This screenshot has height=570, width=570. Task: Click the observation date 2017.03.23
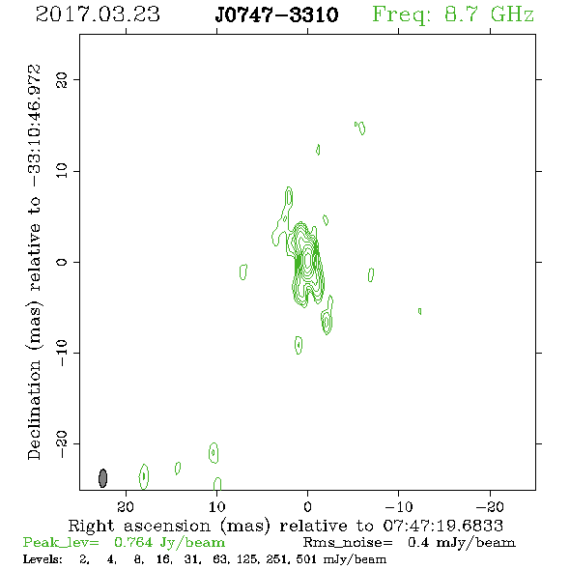pyautogui.click(x=98, y=14)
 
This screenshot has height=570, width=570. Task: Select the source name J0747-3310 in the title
pyautogui.click(x=276, y=14)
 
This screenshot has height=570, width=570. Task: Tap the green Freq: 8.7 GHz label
pyautogui.click(x=453, y=14)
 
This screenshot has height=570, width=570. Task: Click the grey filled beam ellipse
pyautogui.click(x=102, y=478)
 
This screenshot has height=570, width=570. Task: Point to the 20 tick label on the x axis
pyautogui.click(x=126, y=506)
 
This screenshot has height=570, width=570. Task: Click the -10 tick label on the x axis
pyautogui.click(x=398, y=506)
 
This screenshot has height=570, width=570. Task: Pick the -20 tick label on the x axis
pyautogui.click(x=490, y=506)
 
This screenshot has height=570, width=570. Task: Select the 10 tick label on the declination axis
pyautogui.click(x=62, y=171)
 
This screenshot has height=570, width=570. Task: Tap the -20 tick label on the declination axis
pyautogui.click(x=62, y=444)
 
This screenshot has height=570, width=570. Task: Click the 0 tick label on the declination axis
pyautogui.click(x=62, y=262)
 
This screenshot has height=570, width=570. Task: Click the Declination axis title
pyautogui.click(x=35, y=262)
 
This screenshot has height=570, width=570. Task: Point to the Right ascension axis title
pyautogui.click(x=286, y=526)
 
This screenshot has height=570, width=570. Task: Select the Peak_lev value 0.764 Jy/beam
pyautogui.click(x=169, y=542)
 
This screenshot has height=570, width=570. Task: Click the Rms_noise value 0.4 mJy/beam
pyautogui.click(x=461, y=542)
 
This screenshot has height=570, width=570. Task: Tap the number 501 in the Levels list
pyautogui.click(x=306, y=559)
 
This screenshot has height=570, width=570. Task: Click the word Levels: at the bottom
pyautogui.click(x=43, y=559)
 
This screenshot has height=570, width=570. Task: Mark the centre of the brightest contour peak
pyautogui.click(x=308, y=260)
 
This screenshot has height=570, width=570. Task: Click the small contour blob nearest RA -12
pyautogui.click(x=420, y=311)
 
